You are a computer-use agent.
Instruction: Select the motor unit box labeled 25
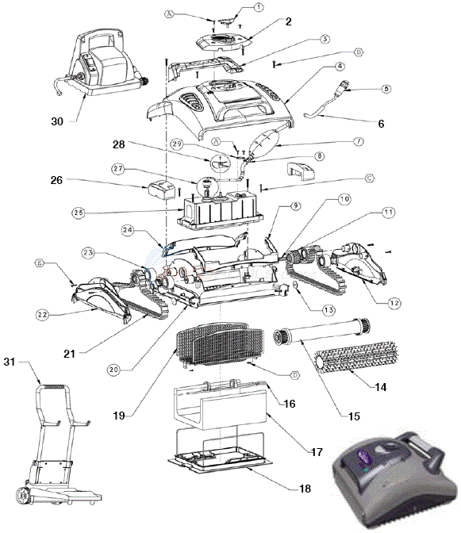221,212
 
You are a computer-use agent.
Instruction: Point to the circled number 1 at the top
259,6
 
